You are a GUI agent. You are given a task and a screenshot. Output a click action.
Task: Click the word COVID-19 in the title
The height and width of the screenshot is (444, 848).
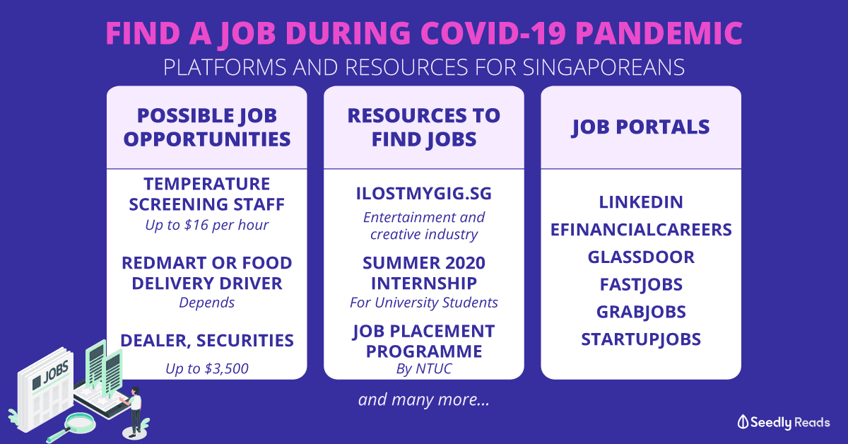tap(493, 33)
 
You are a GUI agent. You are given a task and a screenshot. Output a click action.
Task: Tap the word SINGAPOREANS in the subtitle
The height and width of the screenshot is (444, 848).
tap(603, 67)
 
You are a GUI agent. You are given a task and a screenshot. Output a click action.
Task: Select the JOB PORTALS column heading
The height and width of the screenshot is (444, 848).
tap(640, 127)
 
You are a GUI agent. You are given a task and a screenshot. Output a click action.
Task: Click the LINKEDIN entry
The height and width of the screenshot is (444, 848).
tap(641, 202)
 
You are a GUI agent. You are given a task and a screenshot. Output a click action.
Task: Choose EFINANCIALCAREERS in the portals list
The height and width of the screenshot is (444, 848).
tap(641, 230)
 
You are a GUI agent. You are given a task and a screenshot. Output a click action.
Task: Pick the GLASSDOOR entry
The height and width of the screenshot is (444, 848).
tap(641, 257)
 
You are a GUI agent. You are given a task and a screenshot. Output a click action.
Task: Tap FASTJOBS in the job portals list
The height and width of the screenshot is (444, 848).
tap(641, 284)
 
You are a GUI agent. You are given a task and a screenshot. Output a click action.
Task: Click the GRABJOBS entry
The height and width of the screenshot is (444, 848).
tap(641, 312)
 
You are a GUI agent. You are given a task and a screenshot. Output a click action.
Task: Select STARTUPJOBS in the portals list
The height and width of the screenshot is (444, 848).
tap(641, 339)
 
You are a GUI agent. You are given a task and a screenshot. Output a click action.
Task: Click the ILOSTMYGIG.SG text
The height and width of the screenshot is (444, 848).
tap(423, 194)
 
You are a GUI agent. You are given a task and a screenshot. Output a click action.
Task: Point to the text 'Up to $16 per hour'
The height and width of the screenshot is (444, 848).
tap(206, 225)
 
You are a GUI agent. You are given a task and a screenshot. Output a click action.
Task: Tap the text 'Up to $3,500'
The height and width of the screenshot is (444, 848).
tap(206, 368)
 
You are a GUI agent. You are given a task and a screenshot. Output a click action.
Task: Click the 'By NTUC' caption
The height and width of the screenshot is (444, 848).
tap(423, 368)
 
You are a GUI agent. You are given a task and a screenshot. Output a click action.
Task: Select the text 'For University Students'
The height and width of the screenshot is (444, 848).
tap(423, 303)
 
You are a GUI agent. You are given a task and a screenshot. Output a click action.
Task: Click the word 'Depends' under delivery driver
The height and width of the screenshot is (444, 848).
tap(206, 303)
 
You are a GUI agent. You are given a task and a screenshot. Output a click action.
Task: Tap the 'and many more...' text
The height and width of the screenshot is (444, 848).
tap(423, 399)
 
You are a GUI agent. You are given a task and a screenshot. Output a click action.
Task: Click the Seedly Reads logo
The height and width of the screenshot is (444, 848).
tap(783, 422)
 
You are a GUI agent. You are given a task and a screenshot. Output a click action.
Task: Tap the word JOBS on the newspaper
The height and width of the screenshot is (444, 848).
tap(56, 373)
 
